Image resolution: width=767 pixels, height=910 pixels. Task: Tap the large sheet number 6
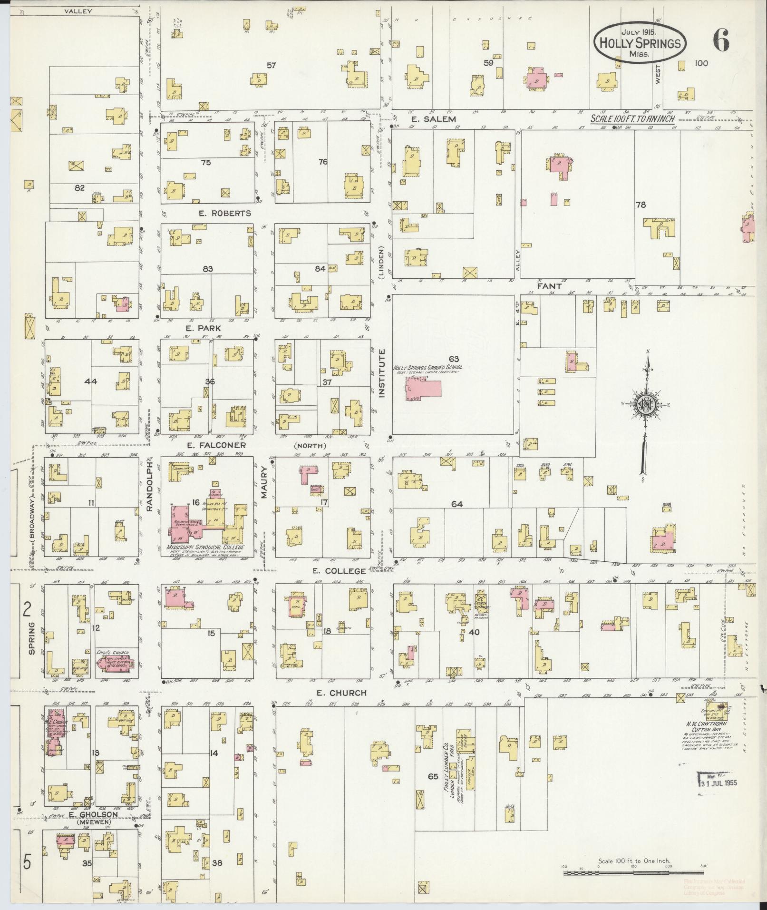click(720, 42)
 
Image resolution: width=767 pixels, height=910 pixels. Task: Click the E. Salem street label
click(434, 119)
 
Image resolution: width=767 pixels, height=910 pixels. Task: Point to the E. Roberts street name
click(224, 213)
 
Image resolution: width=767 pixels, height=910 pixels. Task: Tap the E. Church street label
click(341, 693)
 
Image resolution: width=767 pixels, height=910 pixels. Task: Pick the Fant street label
click(549, 286)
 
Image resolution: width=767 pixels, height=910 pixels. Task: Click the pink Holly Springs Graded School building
click(423, 387)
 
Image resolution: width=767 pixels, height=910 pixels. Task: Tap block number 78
click(641, 205)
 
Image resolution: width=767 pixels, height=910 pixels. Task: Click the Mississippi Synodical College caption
click(205, 547)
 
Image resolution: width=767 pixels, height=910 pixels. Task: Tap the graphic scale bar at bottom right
click(634, 874)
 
